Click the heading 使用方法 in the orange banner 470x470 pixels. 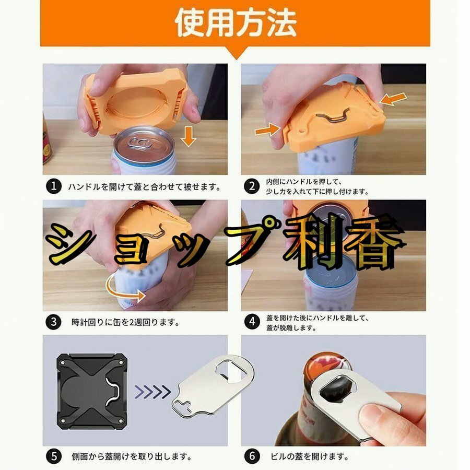coord(236,23)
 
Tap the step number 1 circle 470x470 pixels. coord(54,186)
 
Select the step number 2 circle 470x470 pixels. coord(252,186)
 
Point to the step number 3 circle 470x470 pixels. coord(54,322)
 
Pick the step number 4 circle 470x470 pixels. coord(252,322)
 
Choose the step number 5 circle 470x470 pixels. coord(54,456)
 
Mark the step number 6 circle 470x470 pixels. coord(252,456)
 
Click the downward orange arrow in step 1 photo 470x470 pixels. coord(188,136)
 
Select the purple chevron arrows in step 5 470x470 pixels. coord(152,392)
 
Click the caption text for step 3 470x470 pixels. coord(125,322)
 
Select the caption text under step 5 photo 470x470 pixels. coord(132,456)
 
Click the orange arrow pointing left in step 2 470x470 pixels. coord(393,99)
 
